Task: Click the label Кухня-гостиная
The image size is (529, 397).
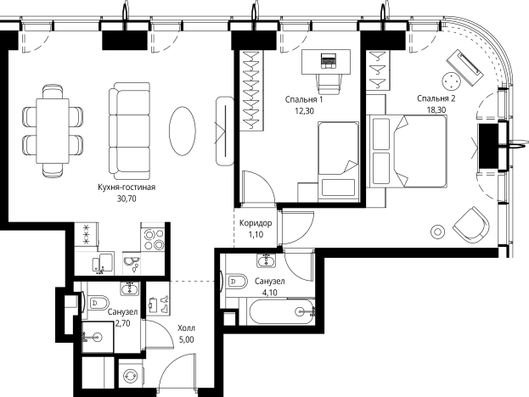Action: tap(127, 187)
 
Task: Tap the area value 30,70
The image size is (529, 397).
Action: tap(127, 198)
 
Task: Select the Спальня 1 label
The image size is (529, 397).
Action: tap(304, 99)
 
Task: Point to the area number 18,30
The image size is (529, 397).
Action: tap(436, 110)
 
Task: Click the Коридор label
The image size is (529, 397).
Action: tap(256, 223)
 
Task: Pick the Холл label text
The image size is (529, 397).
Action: tap(186, 328)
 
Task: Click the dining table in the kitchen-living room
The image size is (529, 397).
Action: tap(53, 131)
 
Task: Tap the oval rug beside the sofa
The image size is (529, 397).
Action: tap(183, 131)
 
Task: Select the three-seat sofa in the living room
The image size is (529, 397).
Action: tap(130, 131)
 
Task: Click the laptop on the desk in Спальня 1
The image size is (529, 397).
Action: tap(328, 61)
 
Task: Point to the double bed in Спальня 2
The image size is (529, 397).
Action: tap(409, 151)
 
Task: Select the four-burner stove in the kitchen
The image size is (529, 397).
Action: tap(154, 239)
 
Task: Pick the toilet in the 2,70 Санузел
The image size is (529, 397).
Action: tap(98, 304)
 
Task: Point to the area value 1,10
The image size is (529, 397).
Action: tap(256, 235)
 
